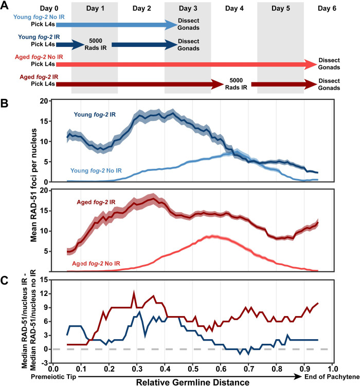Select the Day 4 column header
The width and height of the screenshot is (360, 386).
(234, 9)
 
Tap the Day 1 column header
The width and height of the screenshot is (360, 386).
(95, 9)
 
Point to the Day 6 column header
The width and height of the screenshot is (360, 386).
(327, 9)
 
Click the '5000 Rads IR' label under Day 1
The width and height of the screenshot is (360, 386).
(94, 45)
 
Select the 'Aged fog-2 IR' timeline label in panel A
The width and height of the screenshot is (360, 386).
(37, 77)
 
